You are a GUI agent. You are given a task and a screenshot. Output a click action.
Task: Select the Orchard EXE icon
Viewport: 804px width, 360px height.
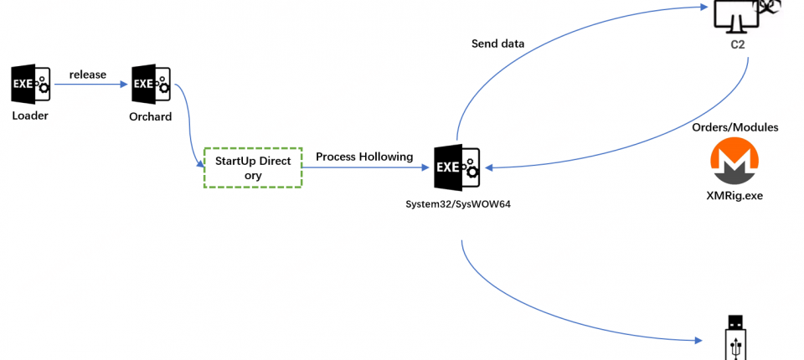click(151, 85)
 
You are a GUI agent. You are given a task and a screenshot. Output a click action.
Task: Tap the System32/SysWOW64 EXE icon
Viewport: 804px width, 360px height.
click(456, 167)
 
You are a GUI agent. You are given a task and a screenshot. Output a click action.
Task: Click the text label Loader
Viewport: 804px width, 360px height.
click(30, 116)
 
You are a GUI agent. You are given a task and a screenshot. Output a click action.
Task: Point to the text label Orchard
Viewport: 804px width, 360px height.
click(151, 116)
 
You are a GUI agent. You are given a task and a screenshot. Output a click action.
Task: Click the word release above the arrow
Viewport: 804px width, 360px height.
click(88, 75)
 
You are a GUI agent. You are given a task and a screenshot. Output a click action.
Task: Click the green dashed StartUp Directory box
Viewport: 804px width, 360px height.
click(253, 167)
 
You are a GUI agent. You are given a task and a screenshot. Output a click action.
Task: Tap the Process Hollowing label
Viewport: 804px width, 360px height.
click(364, 157)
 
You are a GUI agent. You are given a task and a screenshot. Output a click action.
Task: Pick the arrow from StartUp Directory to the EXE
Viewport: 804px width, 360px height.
click(364, 167)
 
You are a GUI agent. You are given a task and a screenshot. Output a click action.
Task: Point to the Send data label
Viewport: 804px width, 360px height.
click(499, 44)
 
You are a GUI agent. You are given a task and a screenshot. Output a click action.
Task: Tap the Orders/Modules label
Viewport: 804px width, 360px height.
click(735, 127)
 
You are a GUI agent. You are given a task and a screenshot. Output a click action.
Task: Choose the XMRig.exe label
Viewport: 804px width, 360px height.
click(734, 195)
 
